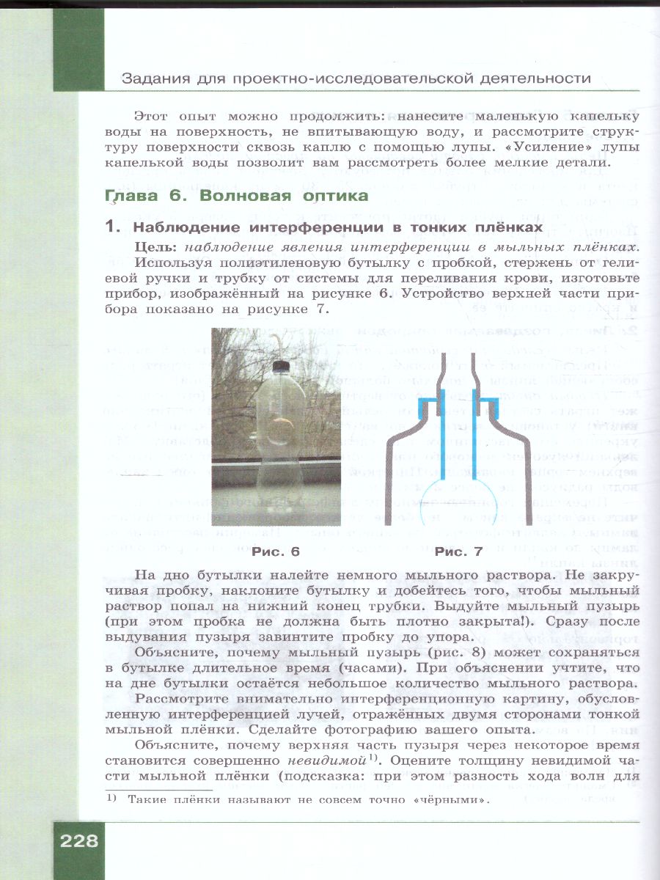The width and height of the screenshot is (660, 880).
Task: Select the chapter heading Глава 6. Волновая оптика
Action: (237, 197)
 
